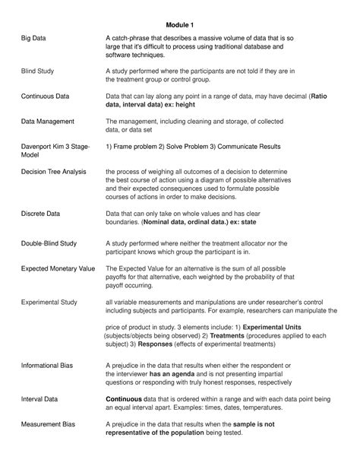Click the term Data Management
(x=47, y=121)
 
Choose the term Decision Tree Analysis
(x=58, y=172)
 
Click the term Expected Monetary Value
(x=58, y=269)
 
